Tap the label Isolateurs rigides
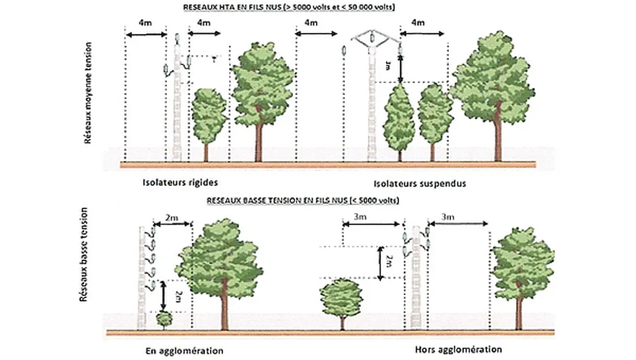coord(180,183)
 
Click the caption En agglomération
coord(184,351)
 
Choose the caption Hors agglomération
coord(458,350)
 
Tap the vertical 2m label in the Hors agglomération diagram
coord(389,262)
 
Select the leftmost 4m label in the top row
coord(146,23)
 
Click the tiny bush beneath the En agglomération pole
coord(164,318)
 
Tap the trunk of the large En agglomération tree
coord(222,312)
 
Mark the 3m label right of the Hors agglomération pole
coord(448,216)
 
